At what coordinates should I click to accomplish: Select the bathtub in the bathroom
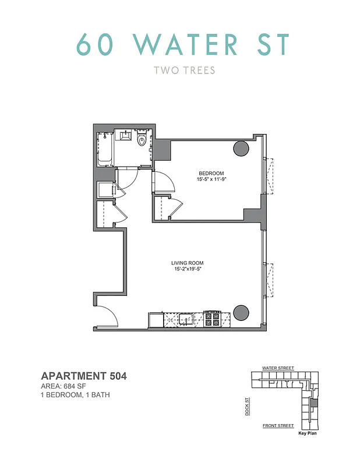105,149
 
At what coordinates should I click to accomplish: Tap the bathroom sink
125,136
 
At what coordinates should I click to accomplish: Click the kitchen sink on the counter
187,319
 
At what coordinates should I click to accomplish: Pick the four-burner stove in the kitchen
211,319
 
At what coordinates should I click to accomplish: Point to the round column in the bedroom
241,149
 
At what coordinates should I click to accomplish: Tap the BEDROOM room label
211,174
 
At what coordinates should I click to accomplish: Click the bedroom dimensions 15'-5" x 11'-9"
211,179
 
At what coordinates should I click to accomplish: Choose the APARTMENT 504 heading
84,376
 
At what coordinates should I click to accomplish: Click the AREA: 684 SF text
66,386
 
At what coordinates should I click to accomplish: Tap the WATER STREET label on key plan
278,368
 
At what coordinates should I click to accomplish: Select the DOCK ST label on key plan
247,405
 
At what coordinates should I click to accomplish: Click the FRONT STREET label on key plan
278,426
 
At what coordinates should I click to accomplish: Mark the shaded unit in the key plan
315,403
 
